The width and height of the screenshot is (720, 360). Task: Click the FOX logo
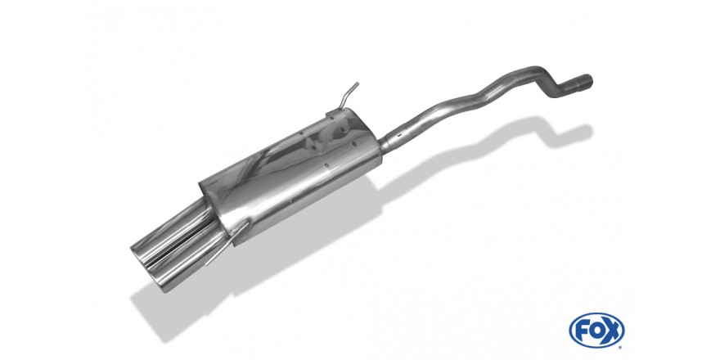[596, 331]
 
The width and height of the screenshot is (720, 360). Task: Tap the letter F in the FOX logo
[583, 331]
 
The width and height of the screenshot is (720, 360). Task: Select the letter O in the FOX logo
[597, 331]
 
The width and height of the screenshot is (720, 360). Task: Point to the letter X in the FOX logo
[613, 331]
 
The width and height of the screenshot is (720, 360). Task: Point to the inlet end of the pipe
[583, 83]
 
